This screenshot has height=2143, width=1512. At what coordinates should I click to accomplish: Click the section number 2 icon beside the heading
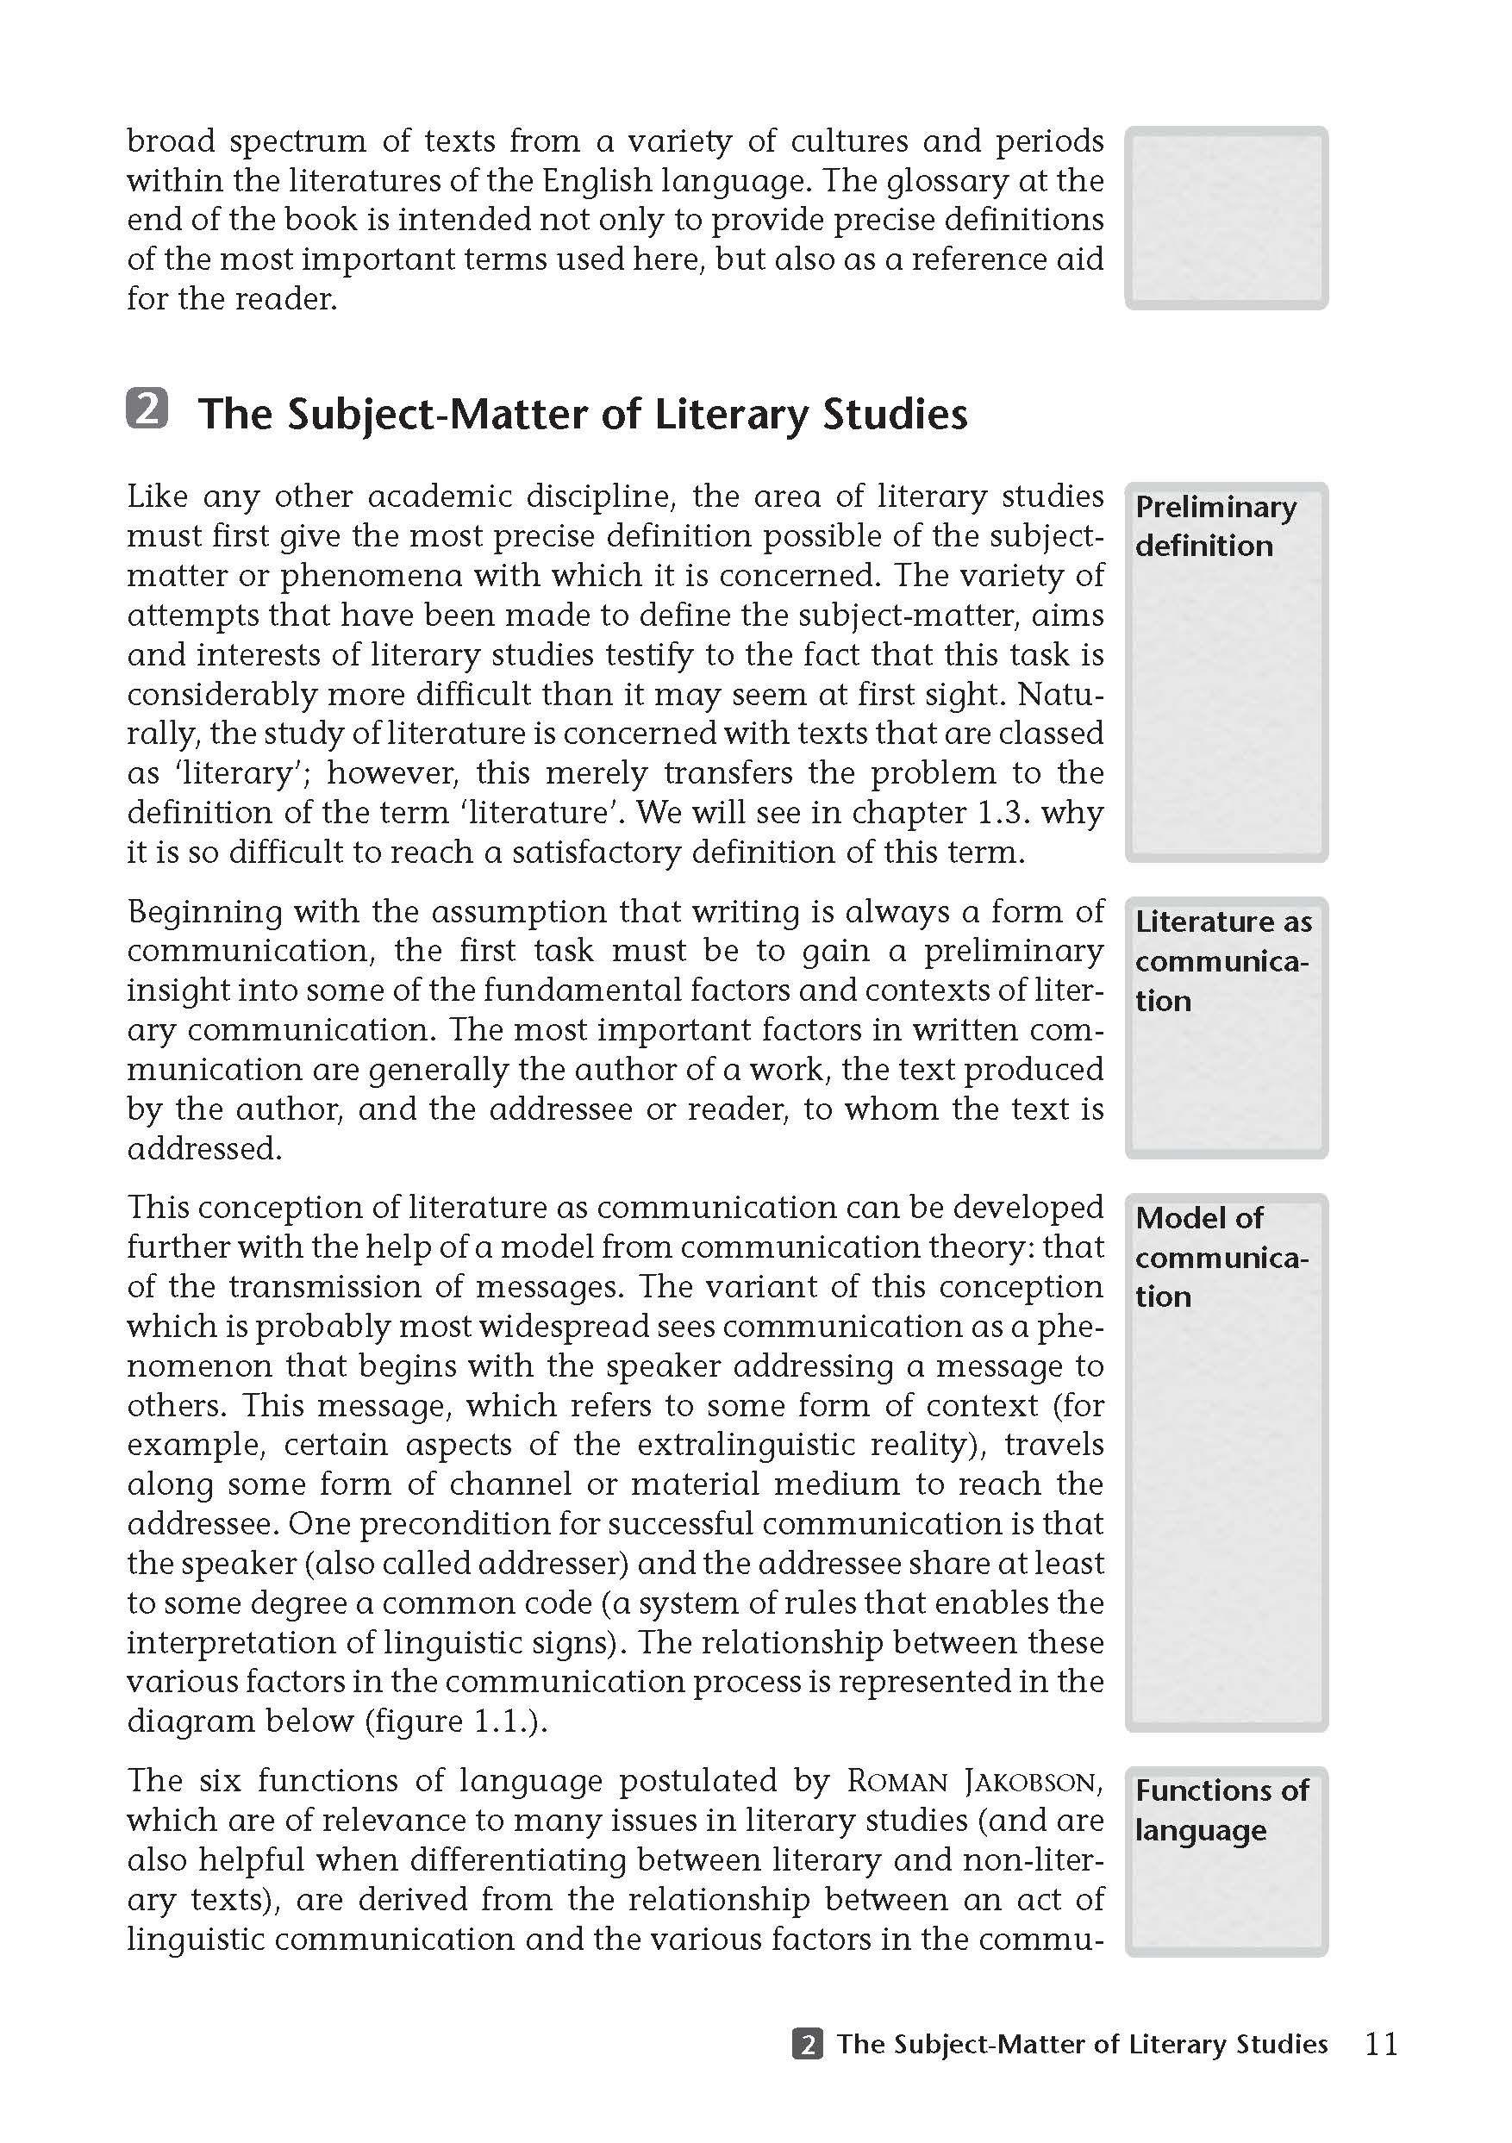[147, 410]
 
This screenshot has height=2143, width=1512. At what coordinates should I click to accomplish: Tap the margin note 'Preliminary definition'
[1215, 527]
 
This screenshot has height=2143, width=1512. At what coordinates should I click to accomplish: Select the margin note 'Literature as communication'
[1222, 961]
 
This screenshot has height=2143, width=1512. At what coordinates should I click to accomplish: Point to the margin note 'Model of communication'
[1221, 1256]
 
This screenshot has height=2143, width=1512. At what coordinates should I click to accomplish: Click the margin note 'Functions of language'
[1221, 1809]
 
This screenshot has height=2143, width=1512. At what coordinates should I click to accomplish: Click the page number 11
[1380, 2045]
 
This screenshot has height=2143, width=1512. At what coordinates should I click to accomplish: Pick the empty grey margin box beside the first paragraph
[1226, 218]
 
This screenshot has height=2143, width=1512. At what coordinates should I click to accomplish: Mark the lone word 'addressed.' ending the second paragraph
[204, 1149]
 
